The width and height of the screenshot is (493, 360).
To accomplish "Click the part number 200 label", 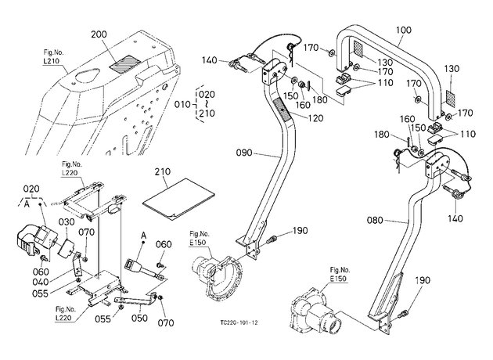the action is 99,34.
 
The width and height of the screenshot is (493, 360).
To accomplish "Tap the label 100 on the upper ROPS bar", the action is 403,31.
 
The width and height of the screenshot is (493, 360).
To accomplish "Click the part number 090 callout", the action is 244,153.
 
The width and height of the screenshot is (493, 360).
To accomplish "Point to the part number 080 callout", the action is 375,220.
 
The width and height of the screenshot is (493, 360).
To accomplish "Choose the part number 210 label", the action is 163,171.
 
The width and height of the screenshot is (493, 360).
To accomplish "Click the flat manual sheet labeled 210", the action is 178,200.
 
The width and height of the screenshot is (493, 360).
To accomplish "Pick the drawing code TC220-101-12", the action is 239,323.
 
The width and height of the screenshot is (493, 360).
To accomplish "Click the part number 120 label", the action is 315,118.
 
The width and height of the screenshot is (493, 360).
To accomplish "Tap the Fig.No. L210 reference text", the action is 51,57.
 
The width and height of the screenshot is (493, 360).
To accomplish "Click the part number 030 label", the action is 67,222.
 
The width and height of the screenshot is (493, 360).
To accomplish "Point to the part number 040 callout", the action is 41,282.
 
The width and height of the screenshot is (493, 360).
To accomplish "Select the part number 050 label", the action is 139,318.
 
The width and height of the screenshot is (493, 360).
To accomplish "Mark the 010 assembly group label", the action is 182,104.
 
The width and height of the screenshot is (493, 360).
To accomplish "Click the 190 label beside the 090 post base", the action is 300,231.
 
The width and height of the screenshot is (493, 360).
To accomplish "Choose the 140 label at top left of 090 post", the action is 210,60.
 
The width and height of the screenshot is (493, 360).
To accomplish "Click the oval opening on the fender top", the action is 84,77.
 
